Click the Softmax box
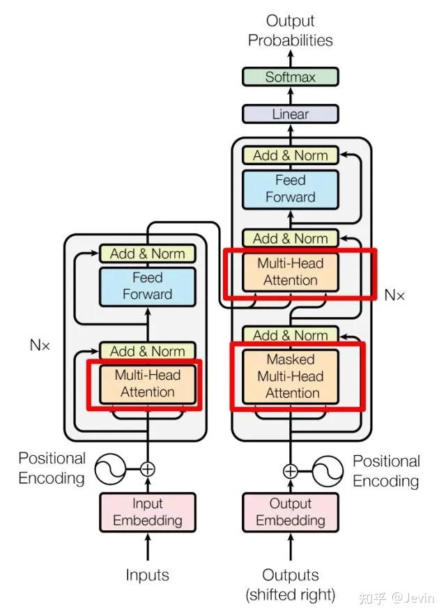point(290,77)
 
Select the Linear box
point(290,114)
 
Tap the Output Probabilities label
point(290,31)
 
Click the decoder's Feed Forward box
point(290,189)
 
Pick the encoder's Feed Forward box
point(147,286)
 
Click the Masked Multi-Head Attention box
point(290,376)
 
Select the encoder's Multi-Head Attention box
point(147,383)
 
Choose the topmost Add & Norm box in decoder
point(290,155)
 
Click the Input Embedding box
point(147,511)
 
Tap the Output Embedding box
point(290,511)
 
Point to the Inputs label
point(147,575)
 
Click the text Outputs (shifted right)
point(290,585)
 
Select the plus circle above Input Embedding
point(147,469)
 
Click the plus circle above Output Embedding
point(290,472)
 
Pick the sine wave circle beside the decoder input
point(328,472)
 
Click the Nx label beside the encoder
point(40,344)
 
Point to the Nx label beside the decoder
point(394,295)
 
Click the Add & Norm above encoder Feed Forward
point(147,254)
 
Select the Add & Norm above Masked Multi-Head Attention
point(290,335)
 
